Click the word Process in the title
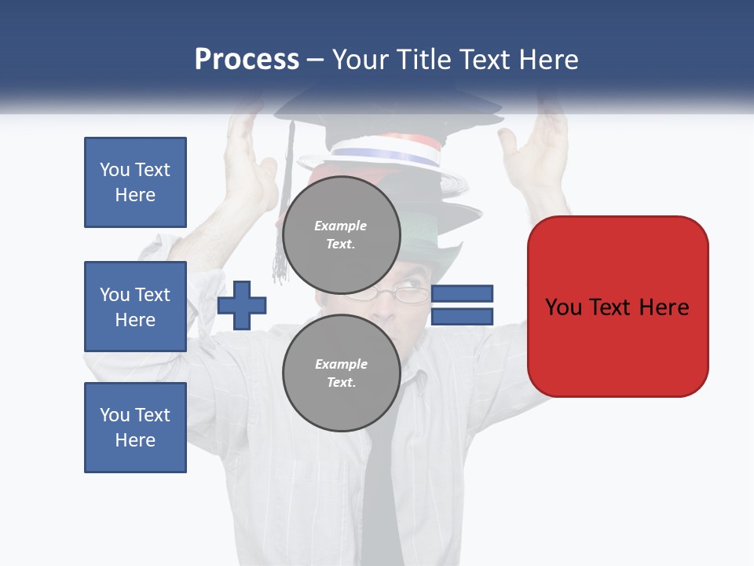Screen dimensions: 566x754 click(x=247, y=60)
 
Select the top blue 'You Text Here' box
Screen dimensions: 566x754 click(x=135, y=182)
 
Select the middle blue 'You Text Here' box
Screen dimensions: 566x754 click(x=135, y=307)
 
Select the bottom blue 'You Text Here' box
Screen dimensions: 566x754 click(x=135, y=428)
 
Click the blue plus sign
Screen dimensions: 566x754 click(x=242, y=305)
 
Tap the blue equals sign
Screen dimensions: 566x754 click(x=463, y=305)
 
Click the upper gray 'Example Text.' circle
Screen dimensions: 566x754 click(x=341, y=234)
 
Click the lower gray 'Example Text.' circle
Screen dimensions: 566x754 click(x=341, y=373)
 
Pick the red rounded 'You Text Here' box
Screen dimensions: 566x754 click(x=617, y=307)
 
